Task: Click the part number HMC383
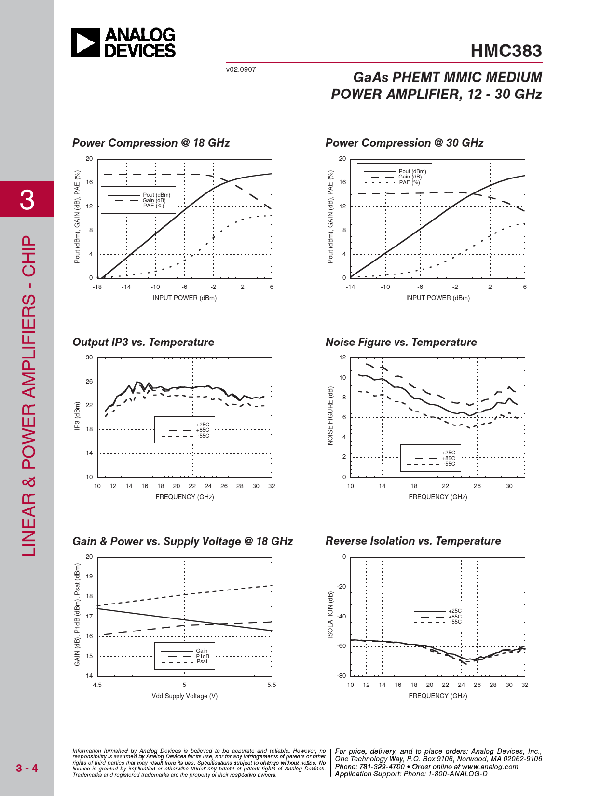(x=506, y=51)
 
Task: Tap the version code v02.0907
(x=241, y=69)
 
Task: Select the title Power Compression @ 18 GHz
(x=151, y=143)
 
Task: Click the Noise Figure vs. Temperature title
(x=401, y=342)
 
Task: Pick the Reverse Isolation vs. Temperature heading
(x=413, y=541)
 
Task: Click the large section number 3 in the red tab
(x=27, y=200)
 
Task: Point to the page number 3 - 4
(x=27, y=768)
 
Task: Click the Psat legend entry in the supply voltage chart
(x=202, y=661)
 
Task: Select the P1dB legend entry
(x=203, y=656)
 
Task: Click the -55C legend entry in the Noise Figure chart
(x=449, y=464)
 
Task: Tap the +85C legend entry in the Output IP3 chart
(x=203, y=430)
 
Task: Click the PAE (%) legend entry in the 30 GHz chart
(x=409, y=182)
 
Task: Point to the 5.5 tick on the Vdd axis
(x=272, y=685)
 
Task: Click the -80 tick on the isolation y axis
(x=342, y=676)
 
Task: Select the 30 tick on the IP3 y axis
(x=89, y=357)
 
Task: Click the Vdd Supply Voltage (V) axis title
(x=184, y=696)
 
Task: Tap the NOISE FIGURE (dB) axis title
(x=330, y=415)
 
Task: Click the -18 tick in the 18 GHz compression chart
(x=97, y=287)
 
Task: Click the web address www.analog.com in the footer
(x=490, y=767)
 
